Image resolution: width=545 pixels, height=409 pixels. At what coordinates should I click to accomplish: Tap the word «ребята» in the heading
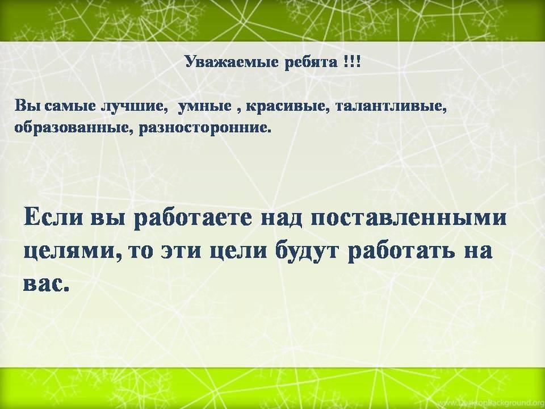click(x=311, y=62)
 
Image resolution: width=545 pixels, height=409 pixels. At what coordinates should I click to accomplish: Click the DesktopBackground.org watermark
click(x=501, y=402)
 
